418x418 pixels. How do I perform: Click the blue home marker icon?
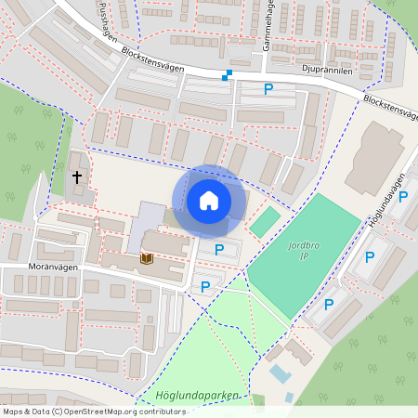click(209, 201)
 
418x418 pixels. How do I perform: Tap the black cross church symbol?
click(76, 176)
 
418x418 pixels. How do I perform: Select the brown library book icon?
click(146, 257)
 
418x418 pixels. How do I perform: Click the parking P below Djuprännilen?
click(268, 89)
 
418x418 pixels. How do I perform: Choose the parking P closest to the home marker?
click(219, 249)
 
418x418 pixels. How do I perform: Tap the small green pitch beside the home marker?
click(265, 221)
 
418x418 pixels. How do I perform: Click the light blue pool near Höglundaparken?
click(279, 373)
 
